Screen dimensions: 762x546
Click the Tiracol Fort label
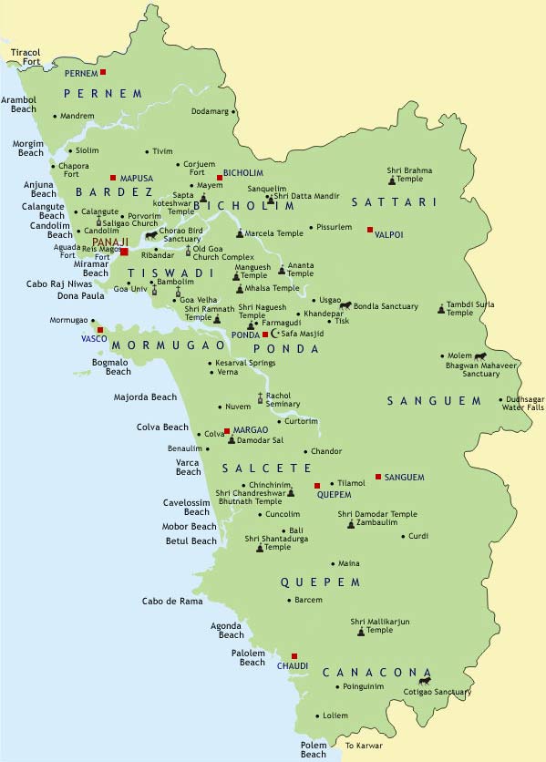(x=26, y=57)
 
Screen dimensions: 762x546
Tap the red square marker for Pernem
(x=103, y=72)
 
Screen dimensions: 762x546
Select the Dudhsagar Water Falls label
(x=521, y=403)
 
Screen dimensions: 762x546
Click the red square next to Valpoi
(x=370, y=230)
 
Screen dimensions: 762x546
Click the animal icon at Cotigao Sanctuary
(x=424, y=680)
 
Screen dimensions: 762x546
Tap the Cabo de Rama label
(x=172, y=601)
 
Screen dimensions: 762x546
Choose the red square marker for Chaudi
(x=294, y=655)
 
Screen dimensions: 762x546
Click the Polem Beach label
(x=314, y=749)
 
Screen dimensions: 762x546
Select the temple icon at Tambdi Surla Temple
(x=440, y=309)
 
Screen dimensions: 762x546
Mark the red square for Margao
(x=226, y=430)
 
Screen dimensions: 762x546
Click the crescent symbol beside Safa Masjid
(x=276, y=334)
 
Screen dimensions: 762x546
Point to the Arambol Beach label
(x=18, y=105)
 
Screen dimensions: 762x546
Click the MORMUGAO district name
(x=169, y=346)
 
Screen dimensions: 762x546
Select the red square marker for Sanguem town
(x=377, y=477)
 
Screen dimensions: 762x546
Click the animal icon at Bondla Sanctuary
(x=345, y=305)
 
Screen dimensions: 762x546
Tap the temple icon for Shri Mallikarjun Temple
(x=360, y=631)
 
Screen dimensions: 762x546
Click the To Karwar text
(x=364, y=747)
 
